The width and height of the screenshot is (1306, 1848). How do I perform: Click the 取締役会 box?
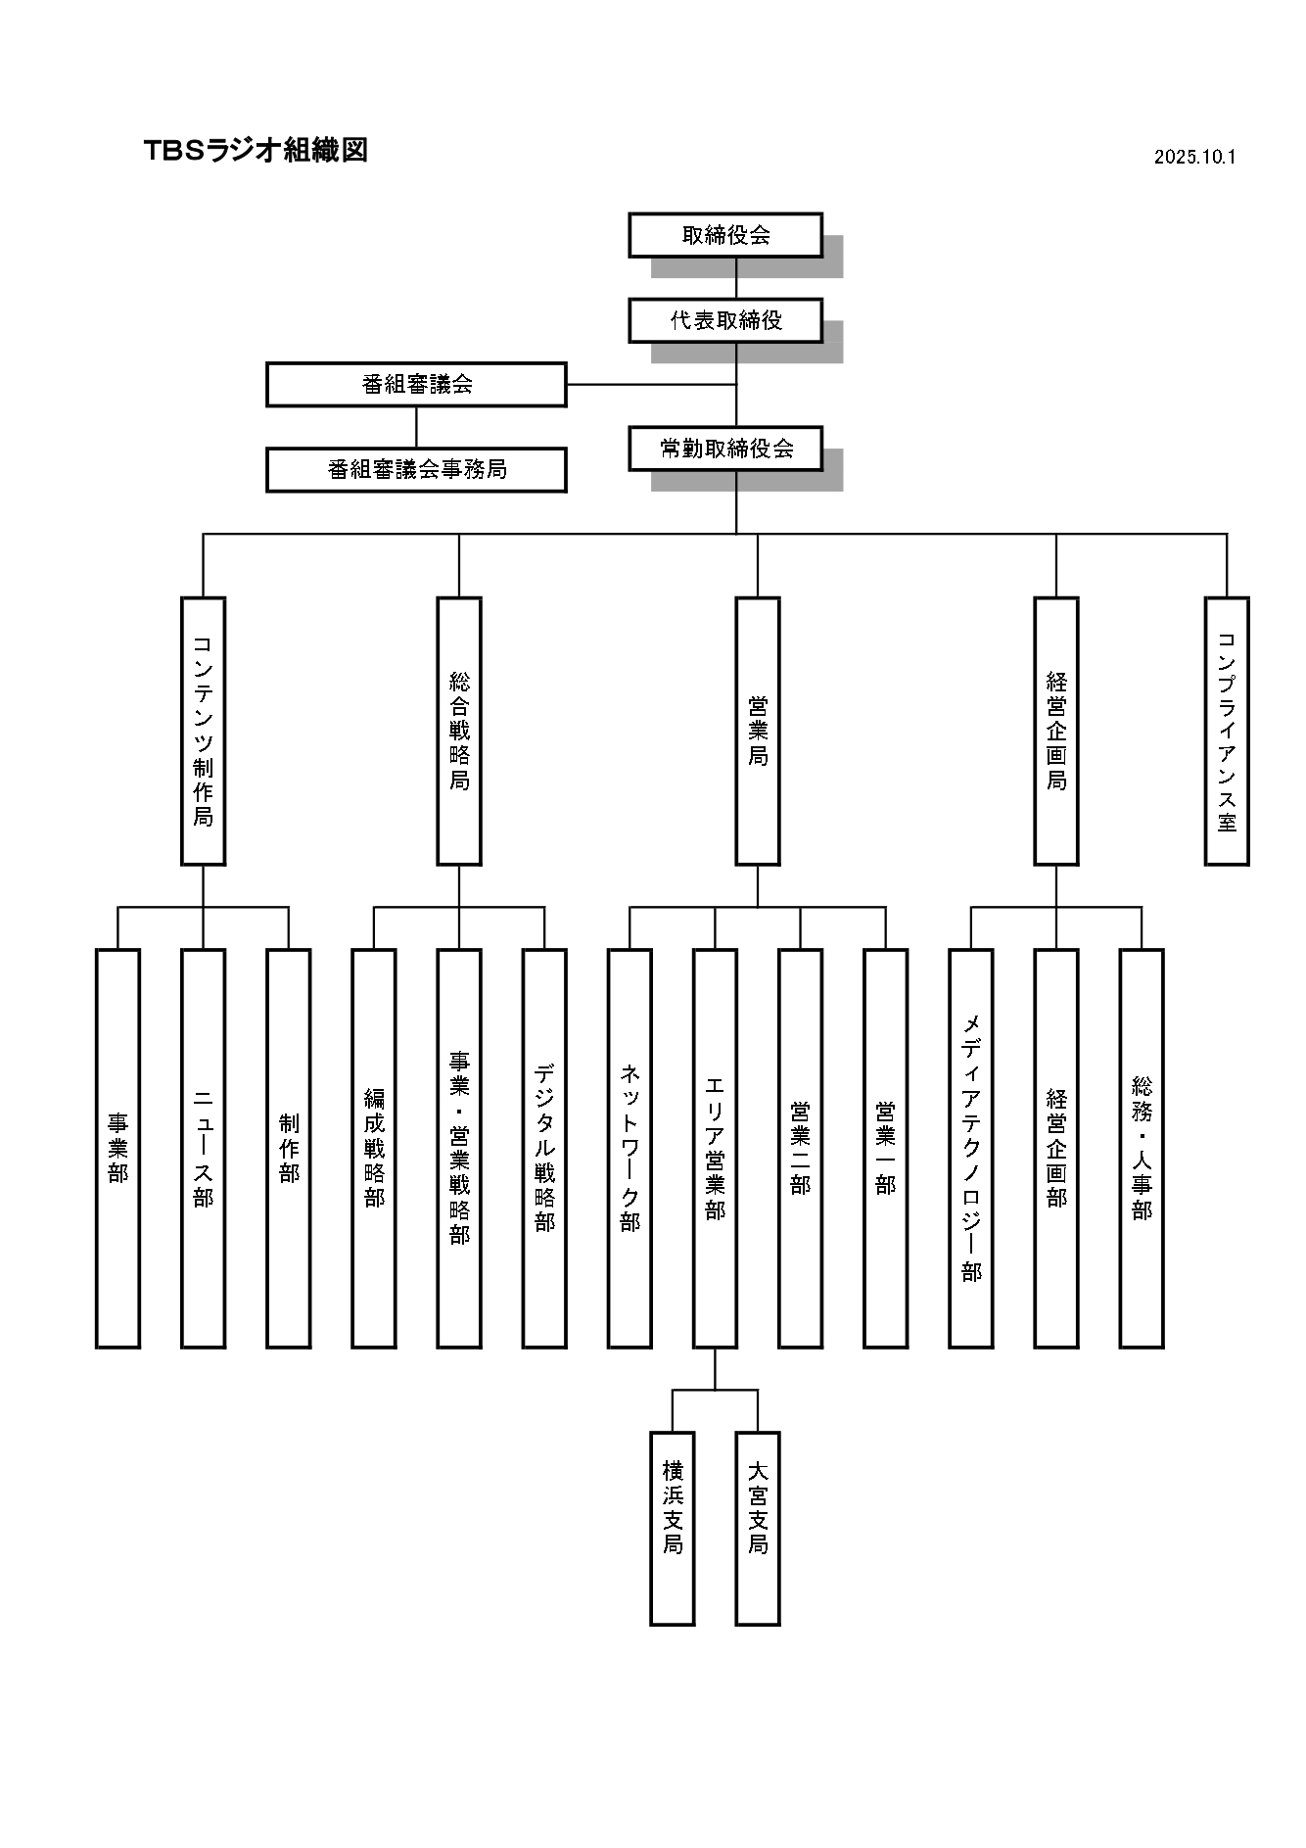[x=725, y=235]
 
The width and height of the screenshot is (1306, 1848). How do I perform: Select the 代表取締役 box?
[x=725, y=320]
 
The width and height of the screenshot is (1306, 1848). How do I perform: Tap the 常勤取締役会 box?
[x=725, y=449]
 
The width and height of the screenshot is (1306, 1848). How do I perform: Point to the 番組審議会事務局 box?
[x=416, y=470]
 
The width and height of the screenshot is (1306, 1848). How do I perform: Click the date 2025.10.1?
[x=1194, y=157]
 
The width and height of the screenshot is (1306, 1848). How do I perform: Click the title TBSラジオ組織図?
[x=256, y=150]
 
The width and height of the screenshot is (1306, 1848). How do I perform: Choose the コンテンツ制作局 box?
[x=203, y=731]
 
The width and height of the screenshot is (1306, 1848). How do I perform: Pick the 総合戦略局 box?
[x=459, y=731]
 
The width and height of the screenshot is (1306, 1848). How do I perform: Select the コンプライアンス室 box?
[x=1227, y=731]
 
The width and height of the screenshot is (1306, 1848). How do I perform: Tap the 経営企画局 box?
[x=1056, y=731]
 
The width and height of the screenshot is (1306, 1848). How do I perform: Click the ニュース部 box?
[x=203, y=1148]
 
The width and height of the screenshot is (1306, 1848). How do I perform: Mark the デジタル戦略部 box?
[x=544, y=1148]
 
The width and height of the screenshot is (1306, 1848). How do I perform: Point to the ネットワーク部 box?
[x=630, y=1148]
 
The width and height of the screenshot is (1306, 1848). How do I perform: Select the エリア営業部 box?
[x=715, y=1148]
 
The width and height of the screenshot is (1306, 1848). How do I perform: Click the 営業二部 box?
[x=800, y=1148]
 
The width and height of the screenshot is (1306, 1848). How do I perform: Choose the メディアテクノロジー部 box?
[x=971, y=1148]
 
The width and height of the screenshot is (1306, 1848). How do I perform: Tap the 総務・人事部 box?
[x=1142, y=1148]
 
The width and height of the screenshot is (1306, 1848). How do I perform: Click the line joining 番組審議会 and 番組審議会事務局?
[x=416, y=427]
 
